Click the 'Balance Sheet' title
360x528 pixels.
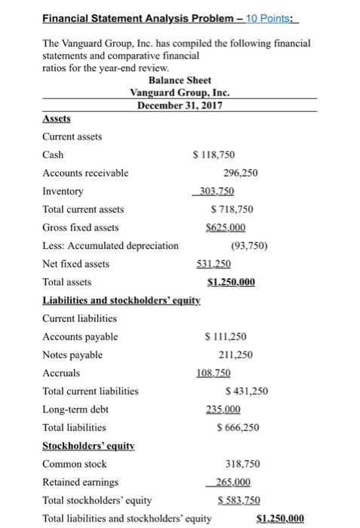tap(180, 80)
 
